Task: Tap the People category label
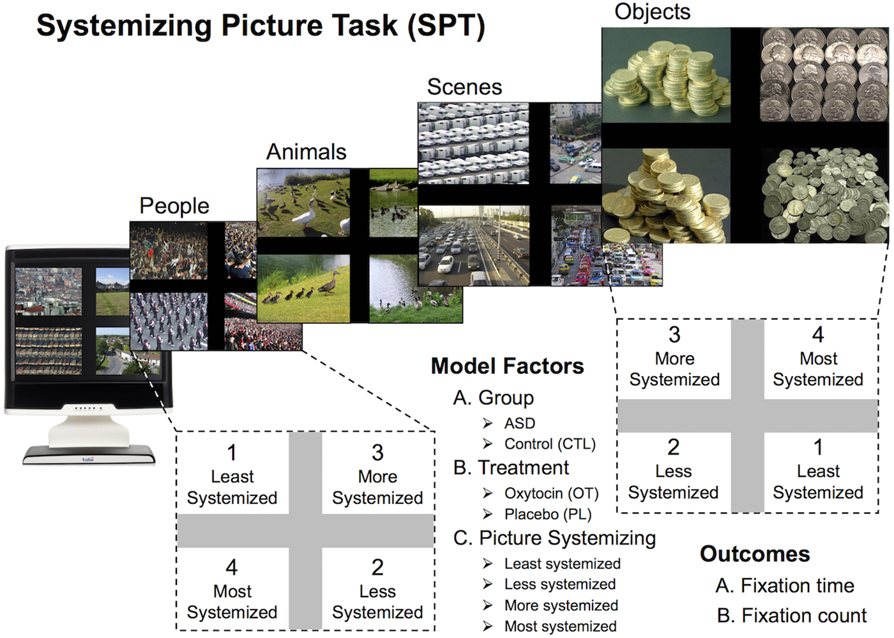[x=174, y=206]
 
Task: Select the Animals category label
[x=306, y=152]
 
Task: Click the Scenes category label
[x=465, y=87]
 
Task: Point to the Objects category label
[x=653, y=11]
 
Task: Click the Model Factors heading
[x=508, y=366]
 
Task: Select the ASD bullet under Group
[x=519, y=423]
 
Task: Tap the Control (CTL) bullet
[x=550, y=444]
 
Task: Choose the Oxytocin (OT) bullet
[x=552, y=494]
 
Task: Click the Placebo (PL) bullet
[x=548, y=514]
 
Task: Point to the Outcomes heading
[x=755, y=554]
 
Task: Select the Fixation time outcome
[x=785, y=586]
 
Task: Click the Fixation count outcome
[x=792, y=616]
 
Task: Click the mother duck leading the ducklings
[x=329, y=282]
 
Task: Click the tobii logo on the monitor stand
[x=88, y=459]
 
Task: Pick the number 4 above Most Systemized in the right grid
[x=818, y=335]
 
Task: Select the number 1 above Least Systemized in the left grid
[x=232, y=453]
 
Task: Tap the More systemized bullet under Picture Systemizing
[x=561, y=605]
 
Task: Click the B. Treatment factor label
[x=511, y=467]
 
